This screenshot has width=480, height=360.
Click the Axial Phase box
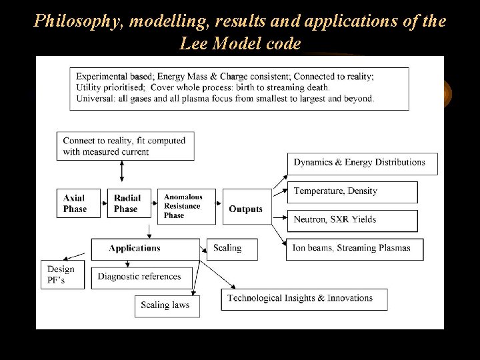point(75,203)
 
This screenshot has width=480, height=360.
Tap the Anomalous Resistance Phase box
point(183,206)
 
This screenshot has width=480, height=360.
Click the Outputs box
point(245,209)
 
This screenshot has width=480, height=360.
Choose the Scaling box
point(228,249)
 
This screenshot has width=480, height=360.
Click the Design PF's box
point(62,274)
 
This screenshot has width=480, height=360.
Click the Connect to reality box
point(125,145)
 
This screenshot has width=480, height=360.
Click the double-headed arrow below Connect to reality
point(121,172)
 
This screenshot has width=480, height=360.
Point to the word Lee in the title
point(194,44)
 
